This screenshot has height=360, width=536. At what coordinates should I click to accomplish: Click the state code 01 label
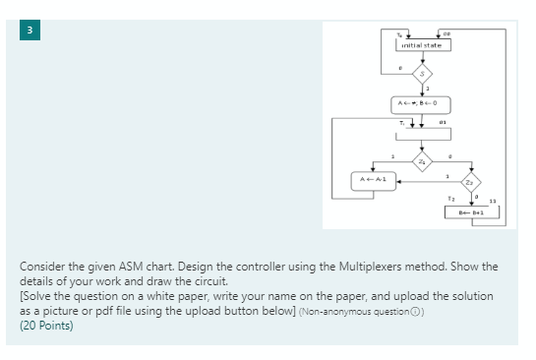pos(444,123)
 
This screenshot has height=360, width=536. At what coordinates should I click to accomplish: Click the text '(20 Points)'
pos(46,326)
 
